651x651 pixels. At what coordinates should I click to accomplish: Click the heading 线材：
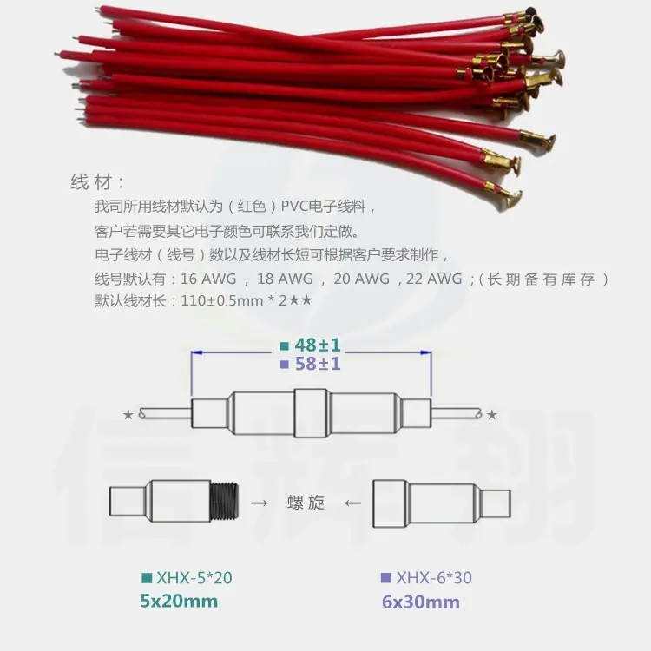(x=97, y=182)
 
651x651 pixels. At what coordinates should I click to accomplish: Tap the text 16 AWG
(x=208, y=279)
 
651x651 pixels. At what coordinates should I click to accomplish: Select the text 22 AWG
(x=434, y=279)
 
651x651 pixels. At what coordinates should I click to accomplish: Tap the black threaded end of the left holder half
(x=225, y=501)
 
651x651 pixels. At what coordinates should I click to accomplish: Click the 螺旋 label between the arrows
(x=306, y=503)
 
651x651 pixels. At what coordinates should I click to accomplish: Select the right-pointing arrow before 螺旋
(x=260, y=503)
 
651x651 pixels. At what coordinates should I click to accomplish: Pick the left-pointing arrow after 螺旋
(x=352, y=503)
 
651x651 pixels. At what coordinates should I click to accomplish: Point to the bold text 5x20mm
(x=179, y=601)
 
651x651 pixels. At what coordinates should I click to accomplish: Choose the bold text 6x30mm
(x=421, y=602)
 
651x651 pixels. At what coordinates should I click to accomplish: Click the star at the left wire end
(x=128, y=414)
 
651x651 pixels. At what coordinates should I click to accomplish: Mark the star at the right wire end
(x=491, y=414)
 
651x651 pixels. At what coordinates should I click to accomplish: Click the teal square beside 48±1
(x=285, y=345)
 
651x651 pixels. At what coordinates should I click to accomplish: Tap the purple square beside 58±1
(x=285, y=365)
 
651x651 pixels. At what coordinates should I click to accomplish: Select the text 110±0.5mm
(x=221, y=300)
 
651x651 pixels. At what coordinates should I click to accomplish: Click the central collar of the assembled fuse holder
(x=311, y=413)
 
